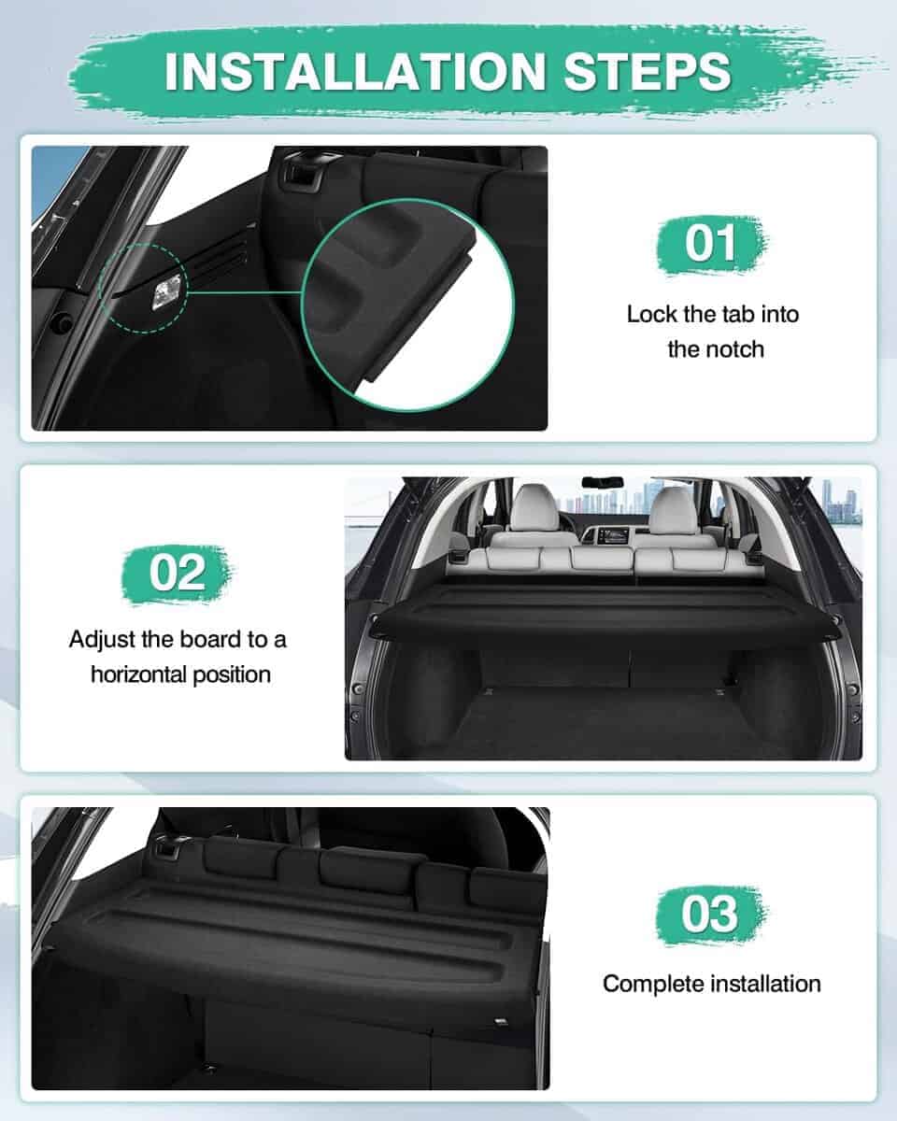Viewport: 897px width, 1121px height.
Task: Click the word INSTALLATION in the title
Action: pyautogui.click(x=355, y=71)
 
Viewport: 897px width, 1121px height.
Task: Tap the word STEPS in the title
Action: pyautogui.click(x=648, y=71)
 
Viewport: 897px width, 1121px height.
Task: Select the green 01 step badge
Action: pyautogui.click(x=711, y=244)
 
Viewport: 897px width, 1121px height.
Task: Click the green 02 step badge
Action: pyautogui.click(x=178, y=573)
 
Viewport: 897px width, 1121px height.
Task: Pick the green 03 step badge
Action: pyautogui.click(x=710, y=915)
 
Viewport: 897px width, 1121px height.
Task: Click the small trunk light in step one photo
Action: pyautogui.click(x=167, y=291)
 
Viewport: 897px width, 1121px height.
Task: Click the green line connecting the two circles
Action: pyautogui.click(x=245, y=292)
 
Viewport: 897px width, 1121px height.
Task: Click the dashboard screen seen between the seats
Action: pyautogui.click(x=611, y=535)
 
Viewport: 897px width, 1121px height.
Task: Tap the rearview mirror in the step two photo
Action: pyautogui.click(x=603, y=481)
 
